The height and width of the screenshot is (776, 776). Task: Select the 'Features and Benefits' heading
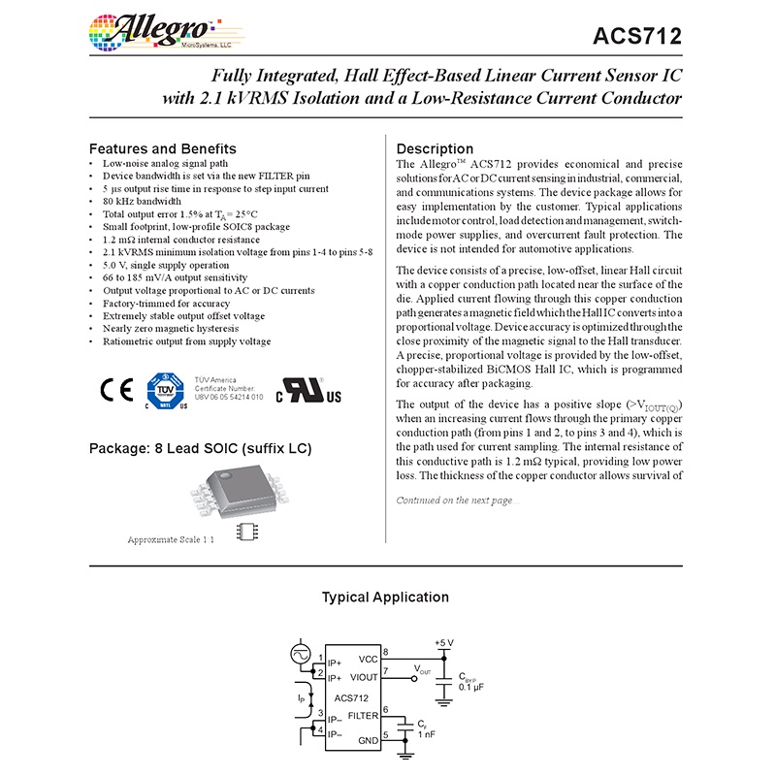pos(162,148)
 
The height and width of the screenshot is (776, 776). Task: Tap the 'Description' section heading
pos(436,148)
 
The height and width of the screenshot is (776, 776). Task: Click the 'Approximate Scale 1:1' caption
pos(171,539)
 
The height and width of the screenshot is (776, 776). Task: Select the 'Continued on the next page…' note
pos(458,501)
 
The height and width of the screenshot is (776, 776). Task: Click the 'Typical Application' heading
pos(385,598)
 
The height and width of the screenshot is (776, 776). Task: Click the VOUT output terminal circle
pos(414,678)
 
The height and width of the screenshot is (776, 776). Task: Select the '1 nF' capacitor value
pos(428,734)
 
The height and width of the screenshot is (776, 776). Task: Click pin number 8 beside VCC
pos(386,651)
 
